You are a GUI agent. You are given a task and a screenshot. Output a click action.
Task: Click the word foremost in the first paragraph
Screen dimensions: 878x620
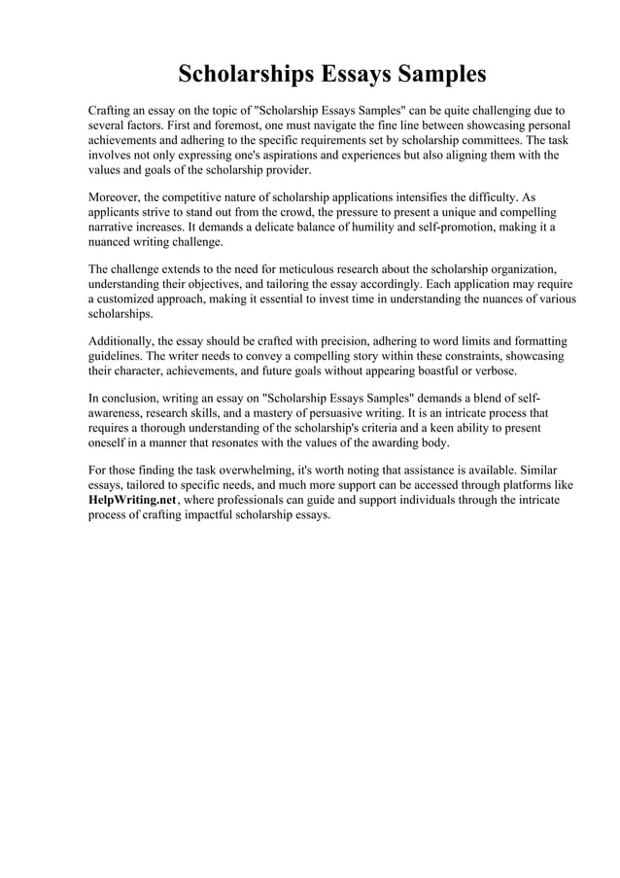[249, 126]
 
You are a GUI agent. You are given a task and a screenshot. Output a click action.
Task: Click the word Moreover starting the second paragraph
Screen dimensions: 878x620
[115, 196]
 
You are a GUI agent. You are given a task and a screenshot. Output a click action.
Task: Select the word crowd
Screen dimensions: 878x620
[294, 211]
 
